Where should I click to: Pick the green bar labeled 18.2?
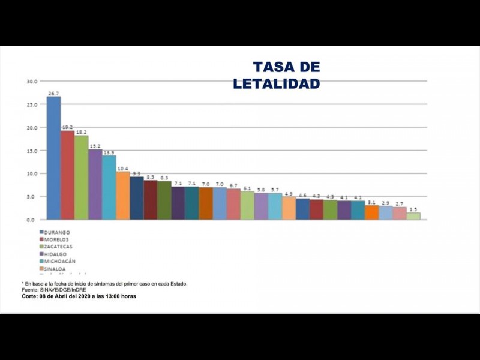coord(82,178)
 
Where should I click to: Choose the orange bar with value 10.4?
coord(123,196)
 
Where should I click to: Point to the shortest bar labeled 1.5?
coord(413,216)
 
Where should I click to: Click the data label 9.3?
coord(137,173)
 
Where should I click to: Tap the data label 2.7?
coord(400,204)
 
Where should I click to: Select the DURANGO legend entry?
coord(57,232)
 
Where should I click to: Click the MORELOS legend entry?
coord(57,239)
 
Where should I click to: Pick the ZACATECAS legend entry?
coord(59,247)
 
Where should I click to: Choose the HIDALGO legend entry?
coord(56,254)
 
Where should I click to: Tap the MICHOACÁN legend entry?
coord(61,262)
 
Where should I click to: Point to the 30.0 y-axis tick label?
coord(32,81)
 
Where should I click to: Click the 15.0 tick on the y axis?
coord(32,151)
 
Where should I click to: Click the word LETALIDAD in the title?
coord(277,83)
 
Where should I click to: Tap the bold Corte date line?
coord(79,296)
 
